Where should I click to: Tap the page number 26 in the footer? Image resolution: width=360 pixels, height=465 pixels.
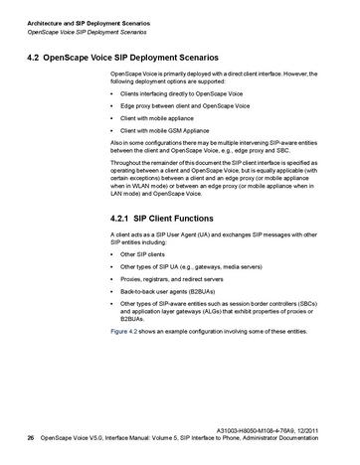click(31, 438)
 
